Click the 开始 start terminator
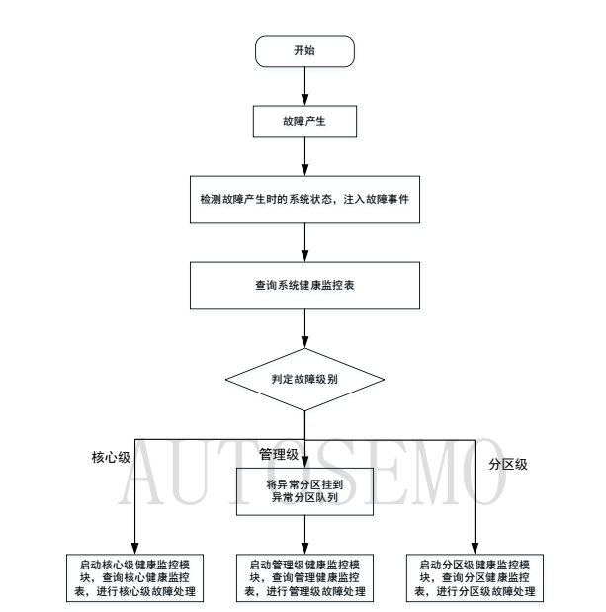point(304,52)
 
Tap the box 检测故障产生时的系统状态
point(304,201)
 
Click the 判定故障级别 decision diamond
point(304,378)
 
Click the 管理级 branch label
point(279,454)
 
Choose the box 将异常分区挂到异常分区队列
point(304,489)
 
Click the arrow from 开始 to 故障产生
point(304,88)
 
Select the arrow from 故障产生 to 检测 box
point(304,161)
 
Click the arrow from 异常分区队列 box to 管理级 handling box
point(304,535)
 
